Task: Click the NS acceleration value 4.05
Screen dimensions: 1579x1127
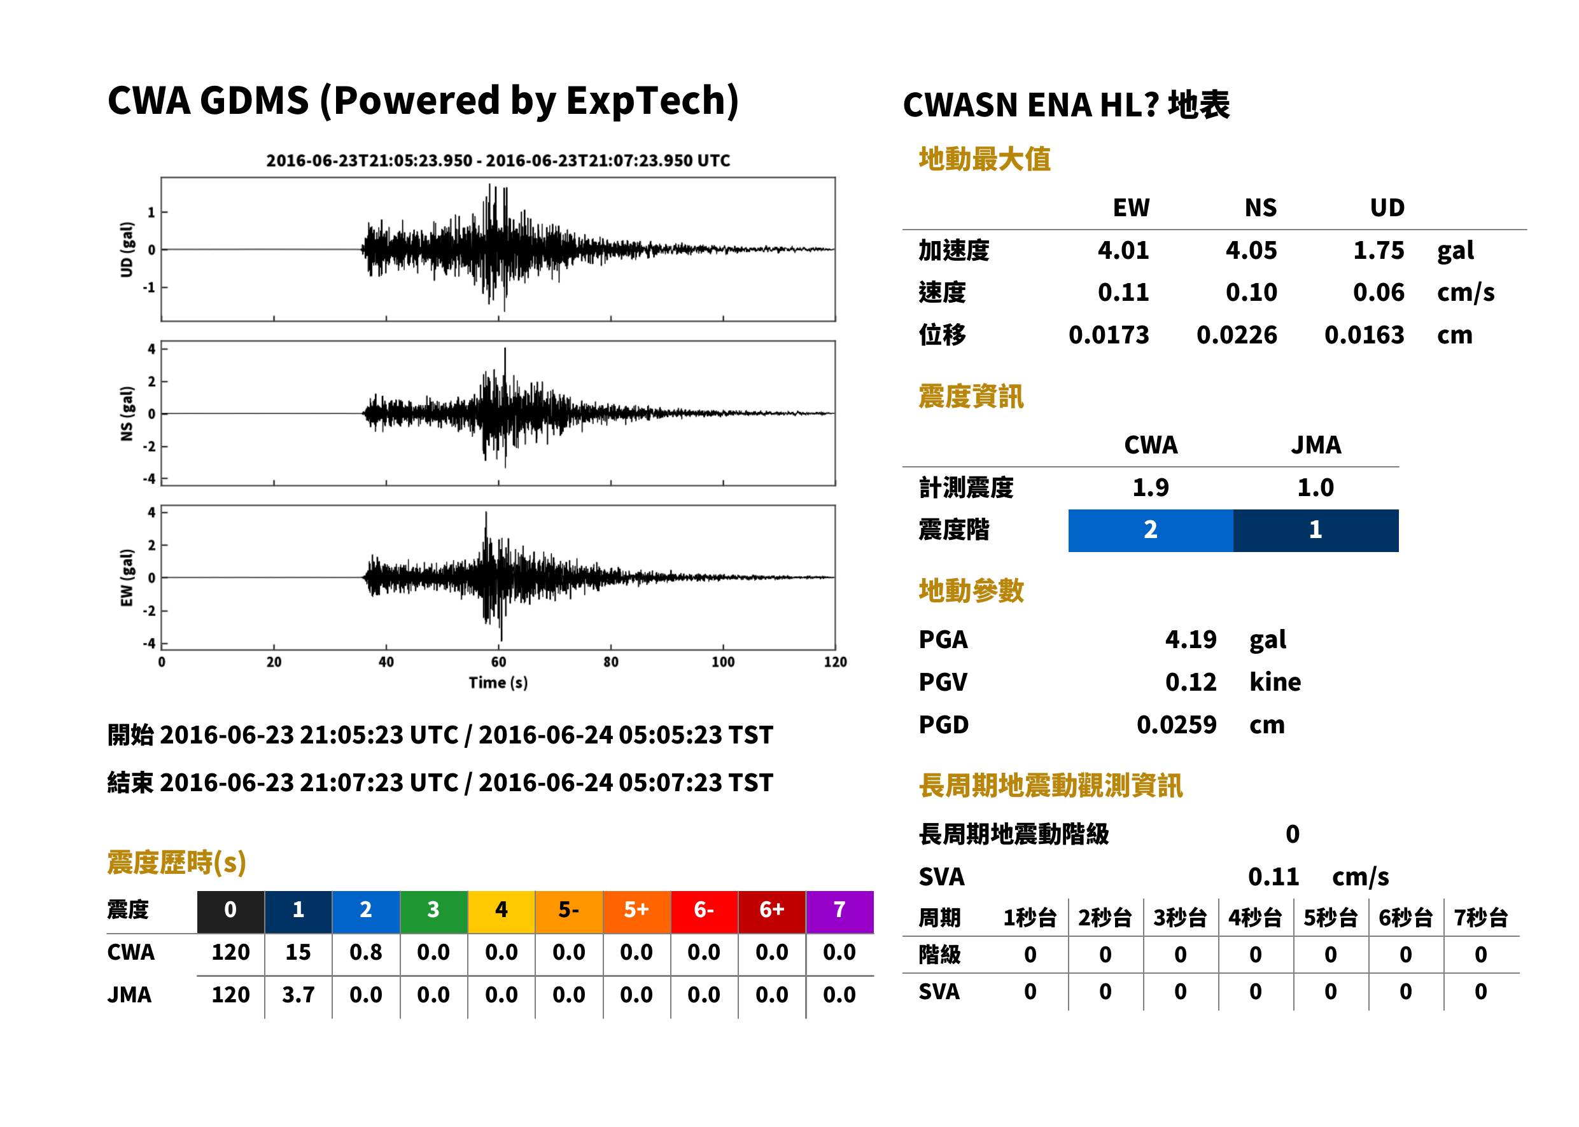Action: click(1251, 250)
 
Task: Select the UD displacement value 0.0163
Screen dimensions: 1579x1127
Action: click(1364, 335)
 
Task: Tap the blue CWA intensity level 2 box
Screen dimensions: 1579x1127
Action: click(1151, 530)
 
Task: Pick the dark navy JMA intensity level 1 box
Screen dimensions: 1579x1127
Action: click(1316, 530)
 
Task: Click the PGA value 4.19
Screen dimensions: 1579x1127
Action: click(1190, 639)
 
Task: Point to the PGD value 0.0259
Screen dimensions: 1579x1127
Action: click(1176, 724)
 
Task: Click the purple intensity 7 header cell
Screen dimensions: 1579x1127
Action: click(839, 911)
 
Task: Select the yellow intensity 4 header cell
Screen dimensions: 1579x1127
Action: click(502, 911)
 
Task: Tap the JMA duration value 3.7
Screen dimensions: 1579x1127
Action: click(298, 995)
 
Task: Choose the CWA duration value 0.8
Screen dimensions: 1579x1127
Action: click(366, 952)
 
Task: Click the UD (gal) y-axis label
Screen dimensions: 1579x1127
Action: click(127, 249)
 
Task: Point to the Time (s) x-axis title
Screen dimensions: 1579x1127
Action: click(498, 683)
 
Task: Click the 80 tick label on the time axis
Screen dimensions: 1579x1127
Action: click(610, 662)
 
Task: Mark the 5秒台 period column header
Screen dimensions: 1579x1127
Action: click(1330, 917)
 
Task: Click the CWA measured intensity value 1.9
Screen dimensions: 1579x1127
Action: click(1151, 487)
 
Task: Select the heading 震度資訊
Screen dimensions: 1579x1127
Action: click(971, 396)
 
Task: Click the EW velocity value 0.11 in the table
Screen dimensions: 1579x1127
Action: click(1123, 292)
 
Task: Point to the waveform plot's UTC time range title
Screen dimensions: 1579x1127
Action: click(498, 160)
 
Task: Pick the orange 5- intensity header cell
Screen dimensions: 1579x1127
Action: click(569, 911)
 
